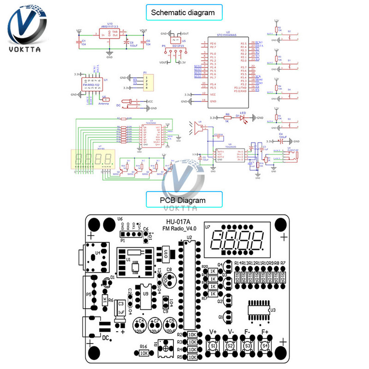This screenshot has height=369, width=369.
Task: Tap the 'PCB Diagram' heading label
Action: click(184, 200)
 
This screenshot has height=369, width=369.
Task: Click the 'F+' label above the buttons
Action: click(265, 331)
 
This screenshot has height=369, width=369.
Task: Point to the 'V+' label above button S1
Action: click(214, 331)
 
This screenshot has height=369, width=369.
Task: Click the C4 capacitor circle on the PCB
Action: click(140, 323)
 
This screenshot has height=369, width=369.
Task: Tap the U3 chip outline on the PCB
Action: click(259, 309)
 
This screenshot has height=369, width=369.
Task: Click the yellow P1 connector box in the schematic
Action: click(147, 82)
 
